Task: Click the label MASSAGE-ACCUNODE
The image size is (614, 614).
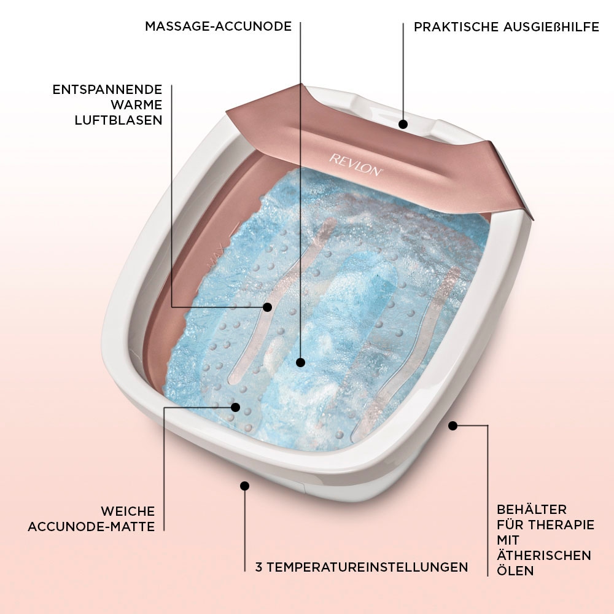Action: (x=218, y=26)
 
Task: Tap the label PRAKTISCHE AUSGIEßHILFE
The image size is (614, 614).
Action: (x=507, y=28)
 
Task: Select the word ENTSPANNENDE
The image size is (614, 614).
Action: (x=107, y=90)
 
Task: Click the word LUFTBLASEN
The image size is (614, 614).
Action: (x=119, y=120)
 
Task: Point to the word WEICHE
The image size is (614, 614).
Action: (x=128, y=511)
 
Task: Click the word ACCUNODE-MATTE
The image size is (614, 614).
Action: (x=91, y=526)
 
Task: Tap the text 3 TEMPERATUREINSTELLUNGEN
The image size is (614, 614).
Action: (x=362, y=567)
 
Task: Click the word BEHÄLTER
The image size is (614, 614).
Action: (x=532, y=510)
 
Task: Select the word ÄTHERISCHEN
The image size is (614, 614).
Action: (x=544, y=555)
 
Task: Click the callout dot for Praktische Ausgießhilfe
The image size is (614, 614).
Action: (x=403, y=124)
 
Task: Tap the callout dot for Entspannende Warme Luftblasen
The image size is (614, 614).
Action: (x=267, y=306)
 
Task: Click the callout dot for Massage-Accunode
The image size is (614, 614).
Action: (x=300, y=362)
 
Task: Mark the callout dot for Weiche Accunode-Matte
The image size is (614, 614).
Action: (x=235, y=406)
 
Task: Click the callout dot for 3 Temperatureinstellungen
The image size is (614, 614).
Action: (x=244, y=486)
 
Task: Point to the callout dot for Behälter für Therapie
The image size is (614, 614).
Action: (x=453, y=425)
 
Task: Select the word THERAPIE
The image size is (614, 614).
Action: (x=563, y=525)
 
